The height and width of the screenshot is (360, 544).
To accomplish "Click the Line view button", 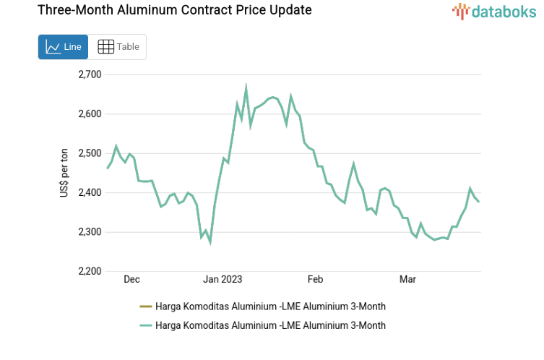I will [63, 47].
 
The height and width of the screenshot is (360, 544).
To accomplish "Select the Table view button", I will [118, 47].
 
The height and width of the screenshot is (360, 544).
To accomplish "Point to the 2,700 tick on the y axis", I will [90, 74].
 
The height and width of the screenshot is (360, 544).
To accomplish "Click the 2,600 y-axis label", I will [90, 114].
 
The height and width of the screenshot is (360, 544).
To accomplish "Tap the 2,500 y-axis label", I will [90, 153].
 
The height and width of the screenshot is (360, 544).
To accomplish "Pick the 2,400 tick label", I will [90, 193].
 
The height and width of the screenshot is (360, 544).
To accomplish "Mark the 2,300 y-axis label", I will [90, 232].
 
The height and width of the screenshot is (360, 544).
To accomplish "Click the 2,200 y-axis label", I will [90, 272].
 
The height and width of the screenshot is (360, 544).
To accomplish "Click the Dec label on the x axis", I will [131, 279].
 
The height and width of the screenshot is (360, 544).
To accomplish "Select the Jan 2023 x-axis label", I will [223, 279].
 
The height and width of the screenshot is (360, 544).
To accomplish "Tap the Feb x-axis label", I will [315, 279].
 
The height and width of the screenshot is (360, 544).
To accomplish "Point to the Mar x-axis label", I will [408, 279].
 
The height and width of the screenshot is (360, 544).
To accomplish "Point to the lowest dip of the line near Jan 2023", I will [210, 242].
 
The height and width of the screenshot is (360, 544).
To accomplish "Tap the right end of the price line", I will [478, 202].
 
